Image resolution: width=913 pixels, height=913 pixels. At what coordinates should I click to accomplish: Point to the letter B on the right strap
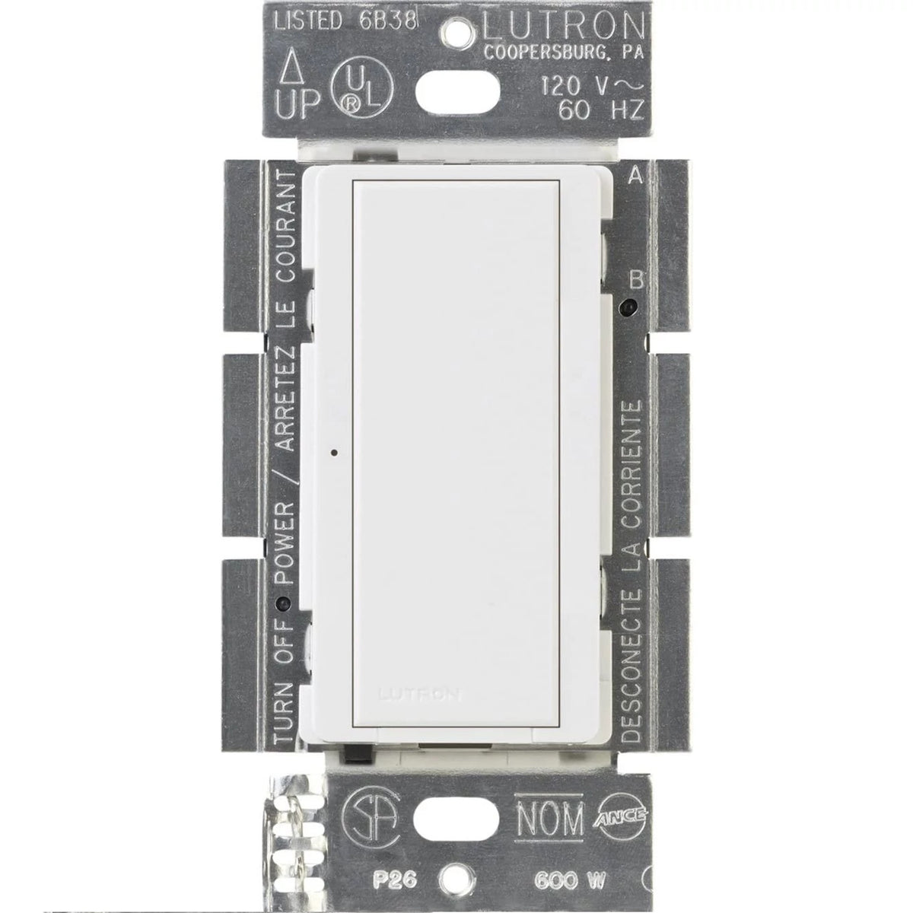[638, 281]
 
